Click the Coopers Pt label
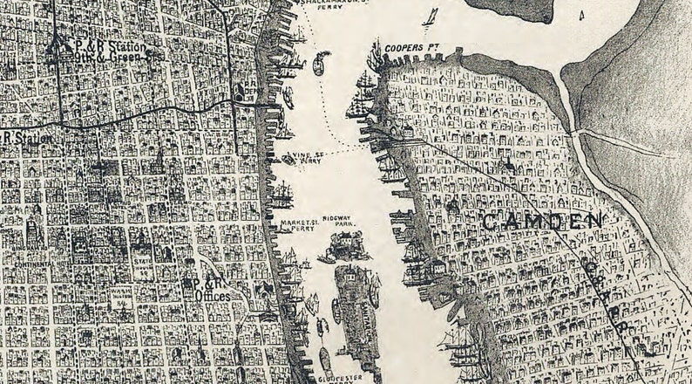(408, 46)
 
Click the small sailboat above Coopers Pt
(430, 17)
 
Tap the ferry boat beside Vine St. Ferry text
(291, 158)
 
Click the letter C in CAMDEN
(489, 223)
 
